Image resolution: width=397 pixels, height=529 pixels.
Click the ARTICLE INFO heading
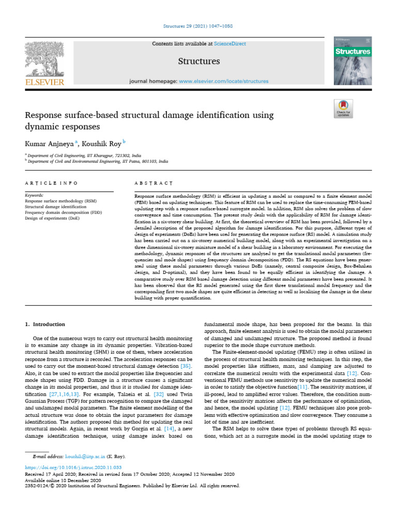click(51, 183)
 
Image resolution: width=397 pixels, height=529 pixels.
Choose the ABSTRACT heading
click(154, 183)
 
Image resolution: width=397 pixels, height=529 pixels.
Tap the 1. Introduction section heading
click(45, 324)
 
